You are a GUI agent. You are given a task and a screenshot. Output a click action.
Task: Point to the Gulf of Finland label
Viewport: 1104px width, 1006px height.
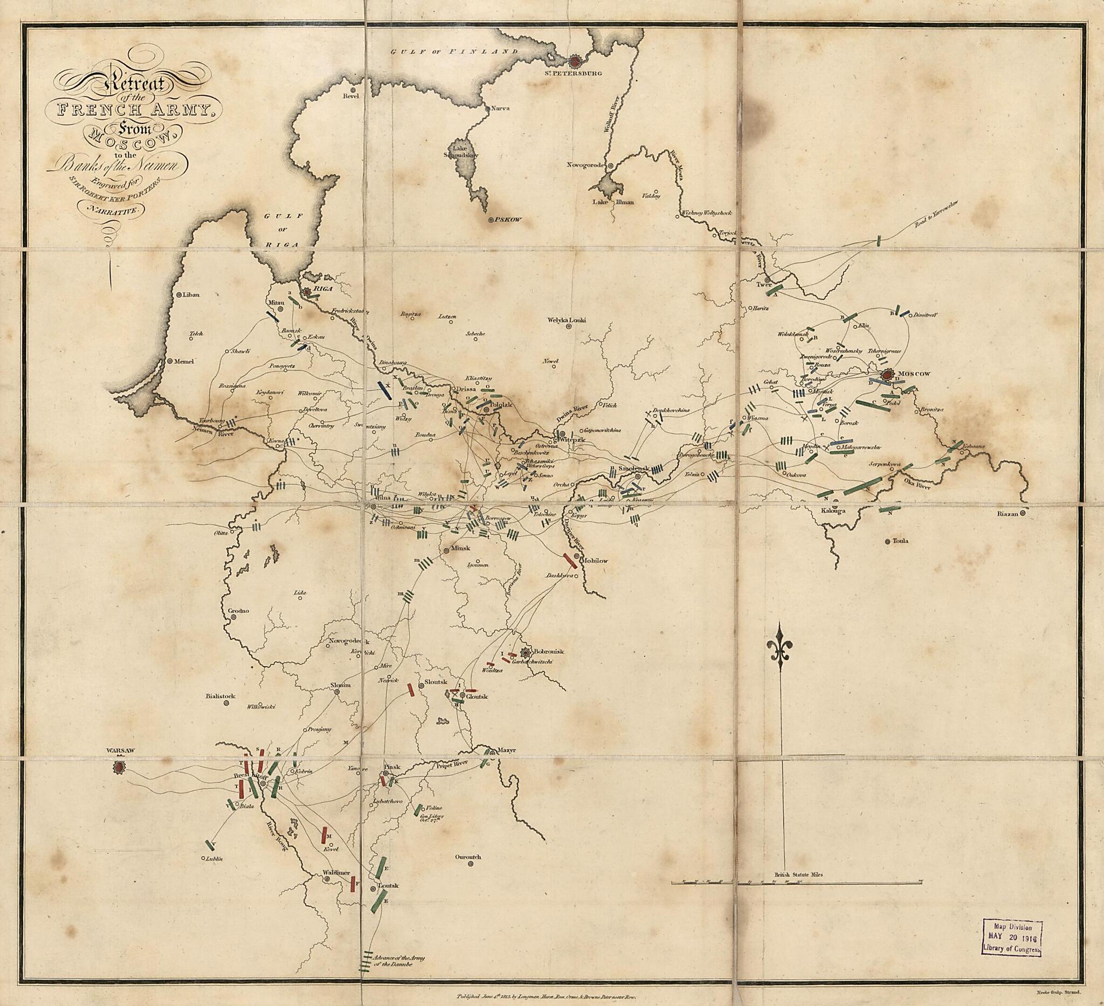pyautogui.click(x=453, y=51)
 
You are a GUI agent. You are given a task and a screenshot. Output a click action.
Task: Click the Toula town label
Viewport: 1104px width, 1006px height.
pyautogui.click(x=900, y=541)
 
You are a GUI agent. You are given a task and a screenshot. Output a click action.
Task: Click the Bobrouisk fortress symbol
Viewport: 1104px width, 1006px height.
pyautogui.click(x=526, y=652)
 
